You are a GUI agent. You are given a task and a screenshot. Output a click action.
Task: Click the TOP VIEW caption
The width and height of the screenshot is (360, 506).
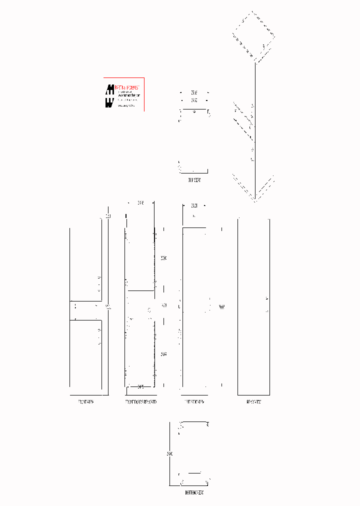tap(194, 179)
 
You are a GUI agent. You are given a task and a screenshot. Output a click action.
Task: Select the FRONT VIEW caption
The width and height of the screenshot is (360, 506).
tap(86, 401)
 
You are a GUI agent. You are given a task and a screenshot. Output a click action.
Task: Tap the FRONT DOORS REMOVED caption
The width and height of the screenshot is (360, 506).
tap(140, 401)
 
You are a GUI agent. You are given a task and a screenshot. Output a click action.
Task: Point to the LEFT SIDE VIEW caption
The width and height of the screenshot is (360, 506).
tap(194, 401)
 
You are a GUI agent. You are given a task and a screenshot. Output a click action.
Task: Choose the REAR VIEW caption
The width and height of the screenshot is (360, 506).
tap(253, 401)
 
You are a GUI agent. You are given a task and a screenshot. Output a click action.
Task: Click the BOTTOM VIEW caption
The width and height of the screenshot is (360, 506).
tap(194, 492)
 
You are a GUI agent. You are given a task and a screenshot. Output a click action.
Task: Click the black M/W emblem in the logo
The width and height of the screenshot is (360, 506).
tap(109, 95)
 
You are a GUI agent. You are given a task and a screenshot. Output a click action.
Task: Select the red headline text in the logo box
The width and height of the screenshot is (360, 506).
tap(128, 87)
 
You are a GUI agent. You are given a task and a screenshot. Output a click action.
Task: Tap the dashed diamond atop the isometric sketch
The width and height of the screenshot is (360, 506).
tap(254, 35)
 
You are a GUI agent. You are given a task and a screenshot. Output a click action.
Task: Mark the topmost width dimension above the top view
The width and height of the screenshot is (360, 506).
tap(194, 92)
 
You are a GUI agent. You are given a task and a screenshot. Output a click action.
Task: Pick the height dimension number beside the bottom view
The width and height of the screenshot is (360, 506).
tap(170, 453)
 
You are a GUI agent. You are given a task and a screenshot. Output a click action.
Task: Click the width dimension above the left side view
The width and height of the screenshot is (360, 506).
tap(194, 205)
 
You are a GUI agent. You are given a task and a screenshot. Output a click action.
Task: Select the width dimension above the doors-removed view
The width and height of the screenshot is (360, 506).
tap(140, 202)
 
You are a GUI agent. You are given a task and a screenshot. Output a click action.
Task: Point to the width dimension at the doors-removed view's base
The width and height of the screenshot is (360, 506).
tap(140, 386)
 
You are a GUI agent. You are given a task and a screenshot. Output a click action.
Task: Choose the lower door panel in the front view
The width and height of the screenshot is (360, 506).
tap(85, 353)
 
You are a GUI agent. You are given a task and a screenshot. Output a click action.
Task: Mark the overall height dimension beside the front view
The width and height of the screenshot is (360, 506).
tap(108, 307)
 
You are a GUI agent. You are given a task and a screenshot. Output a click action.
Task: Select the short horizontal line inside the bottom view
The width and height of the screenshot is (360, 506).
tap(194, 472)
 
